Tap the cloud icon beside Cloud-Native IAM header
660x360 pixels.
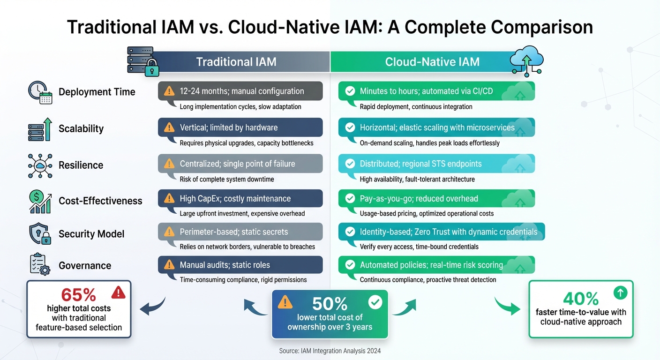point(526,61)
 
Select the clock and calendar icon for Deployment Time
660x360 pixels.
point(40,92)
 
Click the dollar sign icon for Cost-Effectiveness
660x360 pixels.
point(40,201)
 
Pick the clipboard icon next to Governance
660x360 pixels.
point(40,265)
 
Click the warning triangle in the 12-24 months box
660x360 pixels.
point(169,91)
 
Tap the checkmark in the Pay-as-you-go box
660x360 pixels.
point(350,199)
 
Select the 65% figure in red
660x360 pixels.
point(79,294)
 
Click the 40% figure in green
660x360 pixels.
point(581,298)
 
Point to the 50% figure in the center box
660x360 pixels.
point(330,304)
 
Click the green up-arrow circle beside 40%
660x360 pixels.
point(620,293)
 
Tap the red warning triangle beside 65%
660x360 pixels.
point(118,293)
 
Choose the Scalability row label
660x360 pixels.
point(81,129)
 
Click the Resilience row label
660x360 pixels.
point(81,165)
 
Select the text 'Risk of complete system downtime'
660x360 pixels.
point(227,179)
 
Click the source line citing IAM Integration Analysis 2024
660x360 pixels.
point(330,351)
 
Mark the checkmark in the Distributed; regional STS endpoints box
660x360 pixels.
point(350,164)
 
